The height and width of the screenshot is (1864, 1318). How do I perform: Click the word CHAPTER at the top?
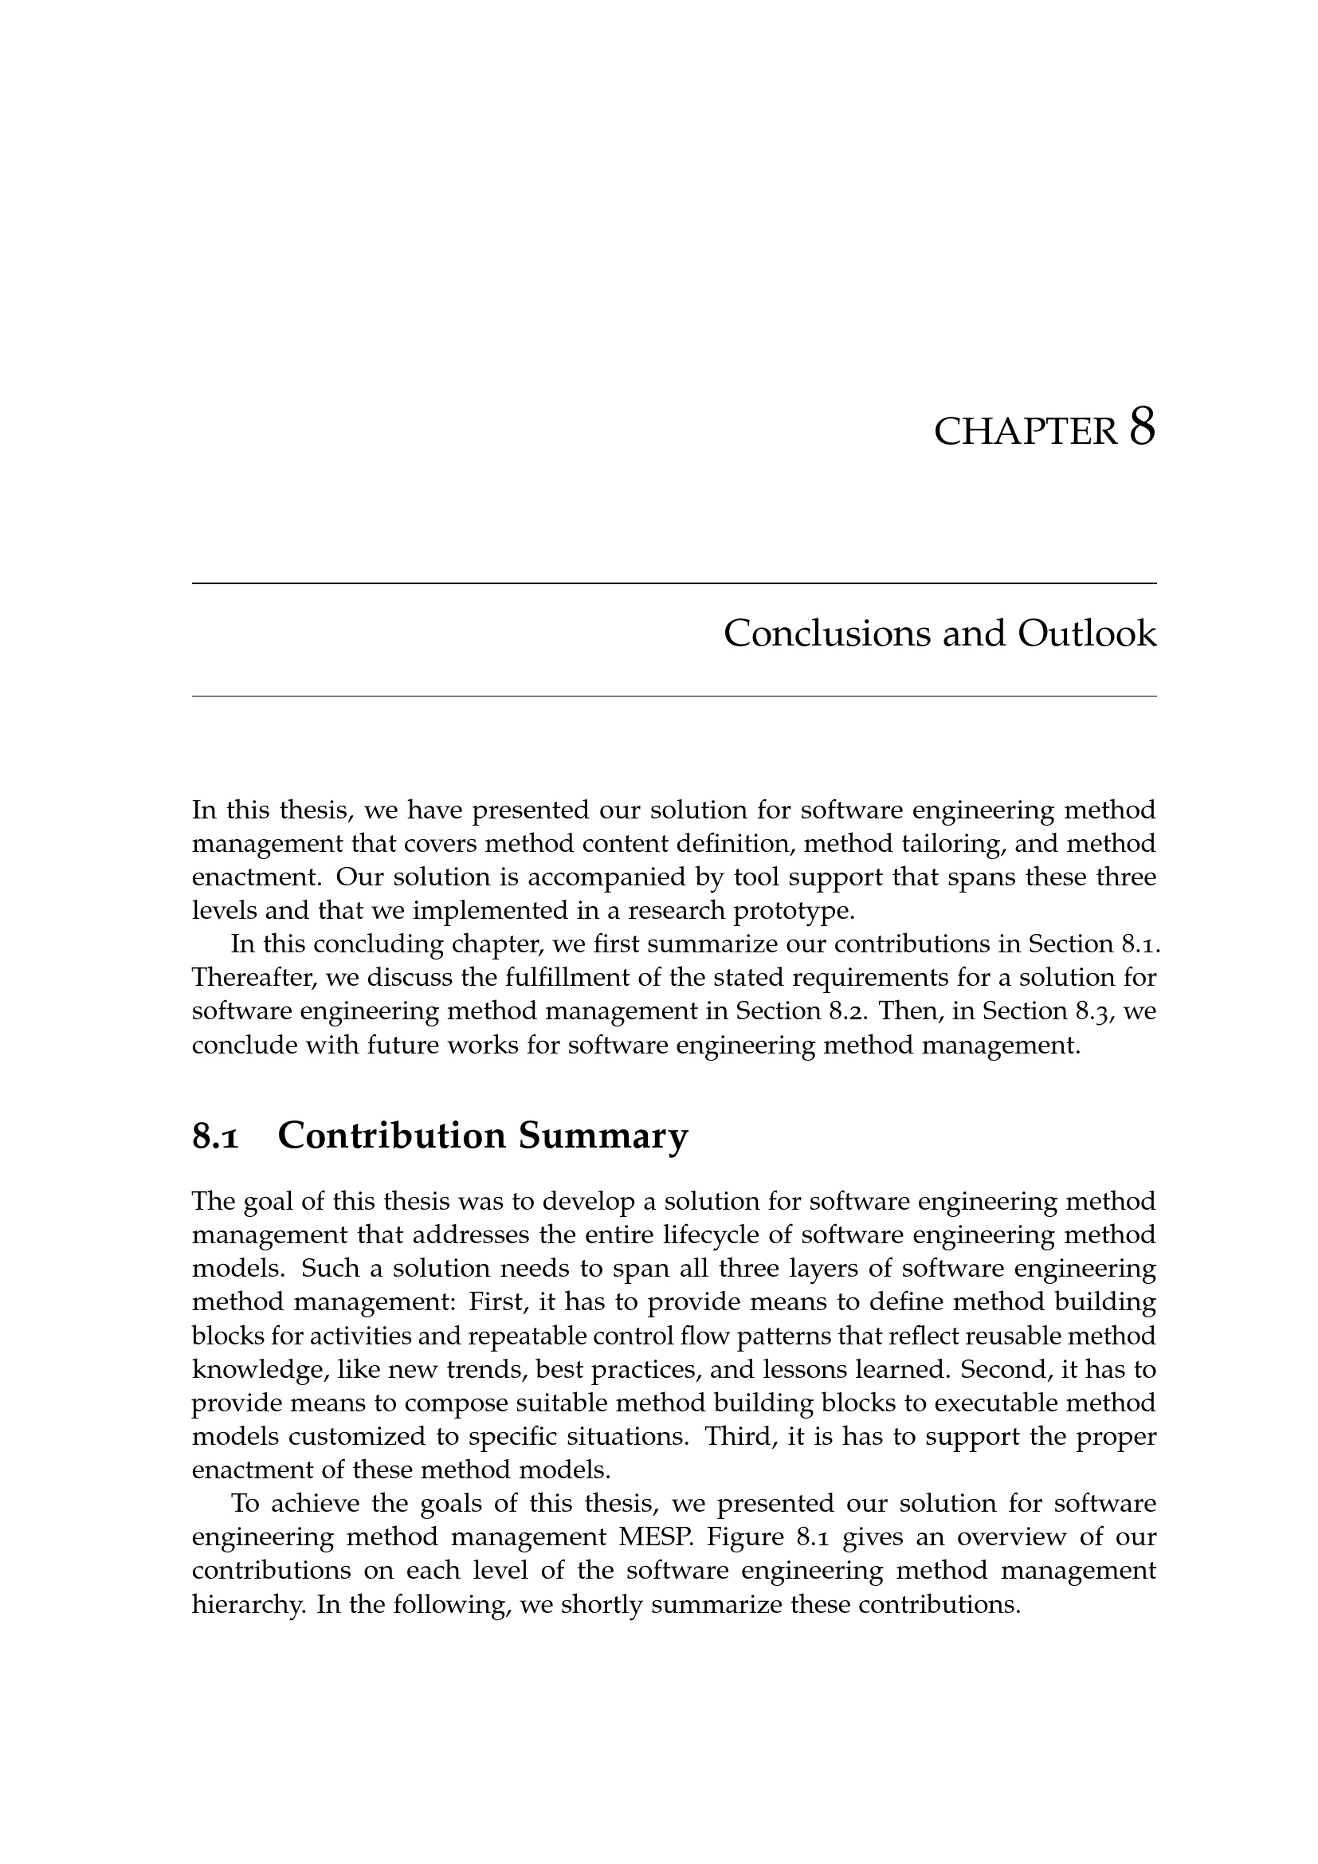1026,432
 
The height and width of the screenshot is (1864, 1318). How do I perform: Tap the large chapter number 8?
1142,427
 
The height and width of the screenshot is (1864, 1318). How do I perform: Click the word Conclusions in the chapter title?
827,634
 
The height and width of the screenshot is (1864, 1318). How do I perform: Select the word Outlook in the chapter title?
1087,634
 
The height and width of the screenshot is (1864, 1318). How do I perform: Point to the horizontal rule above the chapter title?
673,583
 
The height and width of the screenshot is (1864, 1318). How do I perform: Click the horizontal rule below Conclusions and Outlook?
673,696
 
